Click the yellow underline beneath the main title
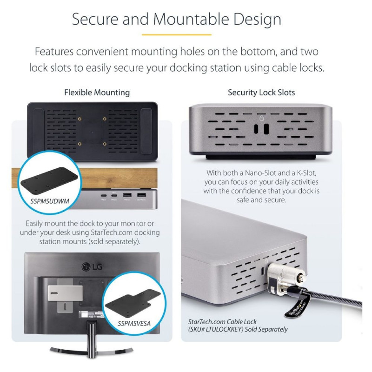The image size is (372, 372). coord(176,34)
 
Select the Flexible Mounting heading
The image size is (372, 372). coord(97,93)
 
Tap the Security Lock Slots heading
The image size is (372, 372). coord(261,93)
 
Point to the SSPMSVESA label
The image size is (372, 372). coord(128,321)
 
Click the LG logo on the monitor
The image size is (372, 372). coord(92,266)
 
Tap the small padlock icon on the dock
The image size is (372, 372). coord(261,118)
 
